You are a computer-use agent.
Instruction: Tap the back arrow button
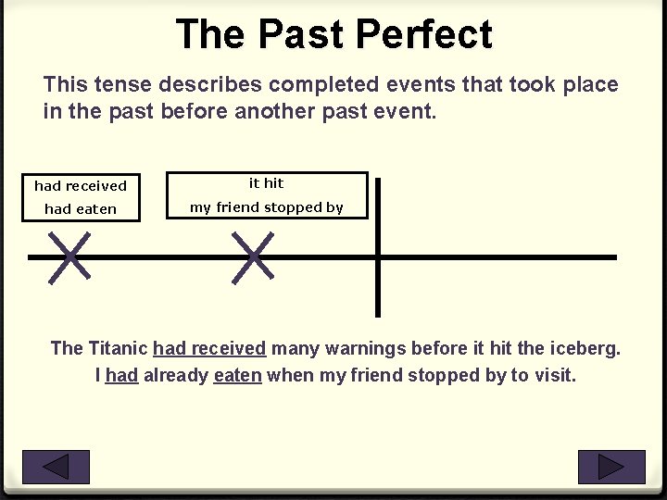[56, 467]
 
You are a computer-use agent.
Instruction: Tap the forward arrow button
[611, 467]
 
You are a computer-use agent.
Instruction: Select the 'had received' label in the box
[81, 186]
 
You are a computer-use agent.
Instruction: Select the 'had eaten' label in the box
[81, 209]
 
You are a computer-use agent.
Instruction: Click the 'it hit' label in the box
[267, 183]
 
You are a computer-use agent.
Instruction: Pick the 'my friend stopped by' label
[267, 207]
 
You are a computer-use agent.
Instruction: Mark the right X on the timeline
[254, 256]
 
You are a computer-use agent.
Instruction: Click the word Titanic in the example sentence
[118, 348]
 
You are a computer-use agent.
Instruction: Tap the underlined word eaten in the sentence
[237, 376]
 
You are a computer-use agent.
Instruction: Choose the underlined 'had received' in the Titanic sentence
[209, 348]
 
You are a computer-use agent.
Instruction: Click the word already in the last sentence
[176, 376]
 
